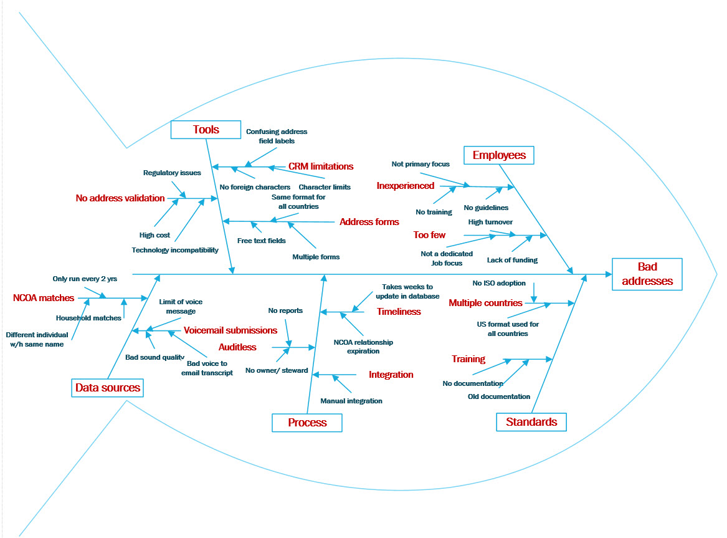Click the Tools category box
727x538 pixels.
tap(206, 130)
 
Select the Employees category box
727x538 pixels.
tap(499, 155)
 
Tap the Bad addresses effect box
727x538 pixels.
tap(647, 274)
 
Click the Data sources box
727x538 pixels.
tap(108, 388)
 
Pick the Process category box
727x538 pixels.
tap(307, 423)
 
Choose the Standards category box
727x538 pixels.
tap(531, 422)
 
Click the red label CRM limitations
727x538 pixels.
tap(320, 166)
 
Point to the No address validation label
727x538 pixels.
tap(120, 198)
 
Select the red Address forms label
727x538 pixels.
tap(369, 222)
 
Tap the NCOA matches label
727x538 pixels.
tap(44, 298)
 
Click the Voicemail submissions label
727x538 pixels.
tap(230, 330)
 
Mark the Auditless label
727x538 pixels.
tap(237, 347)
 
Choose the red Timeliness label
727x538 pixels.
tap(399, 312)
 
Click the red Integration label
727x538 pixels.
tap(391, 375)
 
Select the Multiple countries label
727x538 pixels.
tap(485, 303)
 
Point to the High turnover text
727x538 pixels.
tap(490, 222)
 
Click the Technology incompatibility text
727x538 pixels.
tap(175, 250)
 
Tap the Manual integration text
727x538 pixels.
tap(351, 401)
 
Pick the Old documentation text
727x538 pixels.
tap(499, 396)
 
